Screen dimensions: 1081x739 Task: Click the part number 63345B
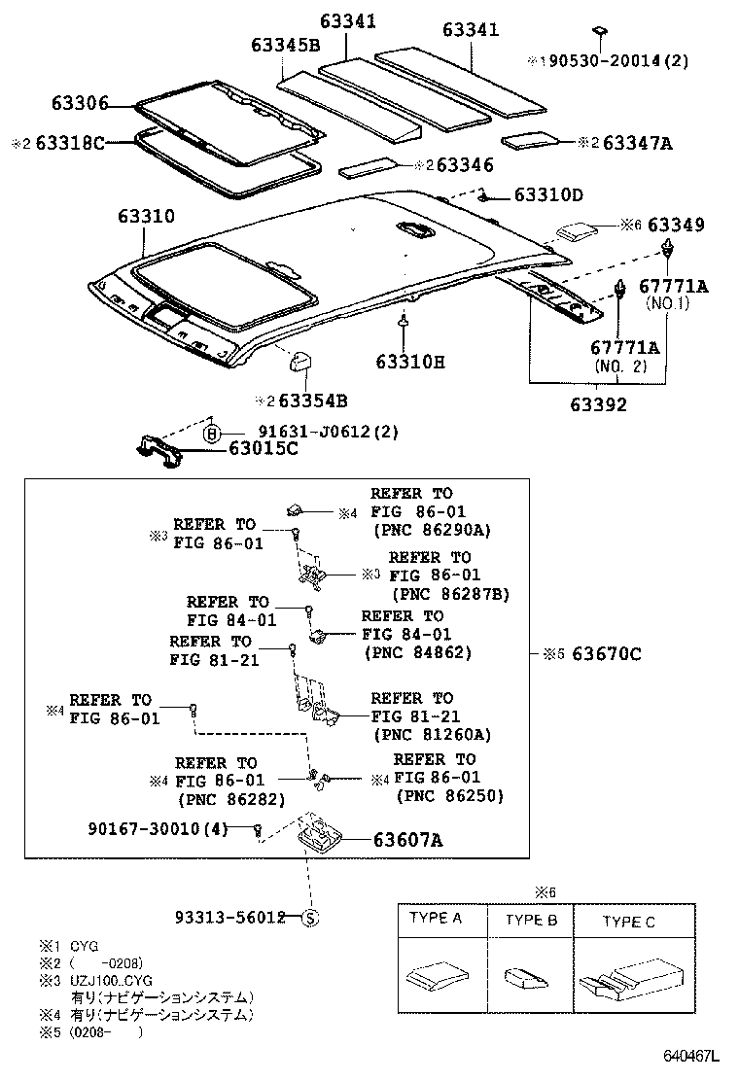(285, 46)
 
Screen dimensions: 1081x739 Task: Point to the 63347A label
(637, 143)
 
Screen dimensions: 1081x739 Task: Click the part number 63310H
(409, 362)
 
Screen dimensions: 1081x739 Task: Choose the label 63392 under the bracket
(597, 405)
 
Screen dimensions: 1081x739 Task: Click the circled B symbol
(214, 434)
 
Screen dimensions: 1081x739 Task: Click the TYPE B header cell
(531, 920)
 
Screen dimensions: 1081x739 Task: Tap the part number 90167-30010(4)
(156, 828)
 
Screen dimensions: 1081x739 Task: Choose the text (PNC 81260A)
(432, 735)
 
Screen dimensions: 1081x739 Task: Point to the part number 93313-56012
(229, 917)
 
